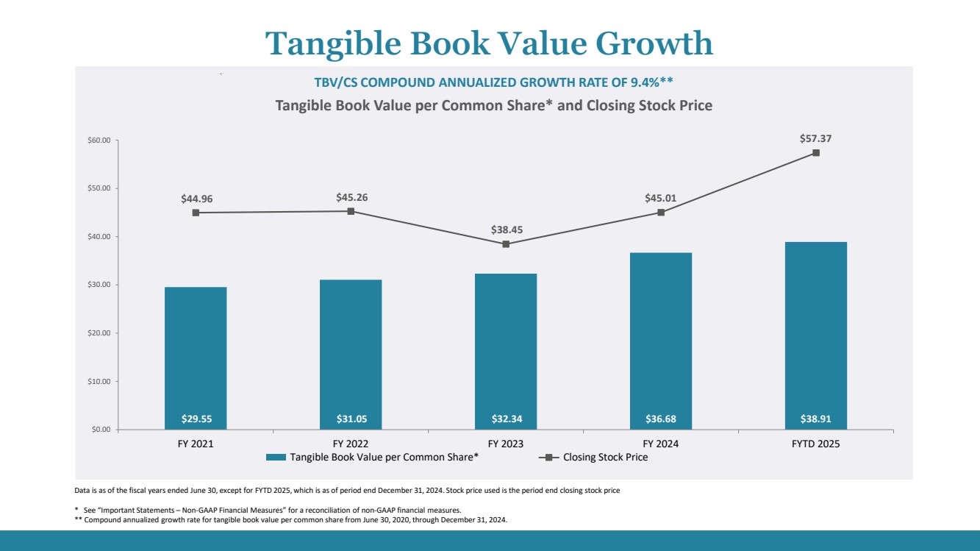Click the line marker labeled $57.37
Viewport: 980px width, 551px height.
click(816, 153)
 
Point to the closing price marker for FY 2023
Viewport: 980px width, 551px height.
click(506, 244)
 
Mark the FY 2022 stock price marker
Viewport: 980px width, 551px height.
click(351, 211)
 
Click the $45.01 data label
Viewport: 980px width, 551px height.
click(661, 198)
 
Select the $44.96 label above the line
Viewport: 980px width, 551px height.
click(196, 199)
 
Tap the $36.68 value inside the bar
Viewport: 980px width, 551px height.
click(661, 419)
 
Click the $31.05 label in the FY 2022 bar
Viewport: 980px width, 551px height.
click(351, 419)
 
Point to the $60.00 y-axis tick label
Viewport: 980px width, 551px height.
click(98, 141)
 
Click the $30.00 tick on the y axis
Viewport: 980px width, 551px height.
click(98, 285)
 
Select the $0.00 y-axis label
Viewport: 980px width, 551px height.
click(100, 430)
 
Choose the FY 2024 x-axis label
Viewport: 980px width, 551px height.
click(661, 444)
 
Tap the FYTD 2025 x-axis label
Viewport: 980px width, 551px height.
click(816, 444)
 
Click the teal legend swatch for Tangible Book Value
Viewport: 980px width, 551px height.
click(276, 458)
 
